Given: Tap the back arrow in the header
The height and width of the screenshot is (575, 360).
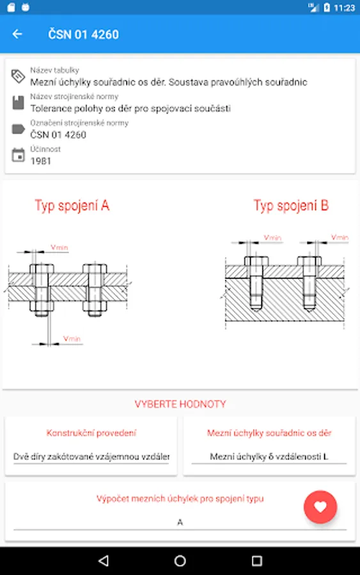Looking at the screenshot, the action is tap(17, 34).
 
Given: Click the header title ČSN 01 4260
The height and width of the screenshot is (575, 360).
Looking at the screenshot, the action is tap(83, 34).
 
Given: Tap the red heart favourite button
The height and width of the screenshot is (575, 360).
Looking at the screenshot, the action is tap(320, 507).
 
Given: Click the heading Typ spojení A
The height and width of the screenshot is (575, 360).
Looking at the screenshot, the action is tap(72, 205).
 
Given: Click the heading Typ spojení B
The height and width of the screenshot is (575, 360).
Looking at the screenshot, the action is tap(291, 205).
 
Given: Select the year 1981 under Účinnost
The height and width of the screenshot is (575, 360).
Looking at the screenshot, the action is tap(41, 161).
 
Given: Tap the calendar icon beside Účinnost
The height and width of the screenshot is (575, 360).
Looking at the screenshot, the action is tap(18, 155).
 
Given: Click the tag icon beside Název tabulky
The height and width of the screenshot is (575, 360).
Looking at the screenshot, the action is tap(18, 76).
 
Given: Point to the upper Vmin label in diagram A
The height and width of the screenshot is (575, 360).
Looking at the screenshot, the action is tap(59, 247).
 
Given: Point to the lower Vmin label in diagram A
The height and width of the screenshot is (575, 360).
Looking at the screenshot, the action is tap(72, 339).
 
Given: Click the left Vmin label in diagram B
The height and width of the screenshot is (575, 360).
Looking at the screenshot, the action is tap(272, 238).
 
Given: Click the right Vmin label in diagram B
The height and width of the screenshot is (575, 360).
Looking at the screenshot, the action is tap(340, 237).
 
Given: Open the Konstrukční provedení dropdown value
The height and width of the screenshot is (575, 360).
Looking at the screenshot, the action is tap(91, 457).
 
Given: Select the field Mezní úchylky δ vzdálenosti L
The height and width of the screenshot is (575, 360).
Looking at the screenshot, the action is tap(269, 457).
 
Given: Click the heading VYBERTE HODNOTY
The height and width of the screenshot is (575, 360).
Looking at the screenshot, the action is tap(180, 404).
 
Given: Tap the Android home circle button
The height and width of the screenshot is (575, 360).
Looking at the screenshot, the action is tap(180, 560).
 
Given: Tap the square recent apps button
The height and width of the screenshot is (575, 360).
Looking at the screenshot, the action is tap(257, 560).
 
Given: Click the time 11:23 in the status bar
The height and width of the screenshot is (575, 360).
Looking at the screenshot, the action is tap(344, 8).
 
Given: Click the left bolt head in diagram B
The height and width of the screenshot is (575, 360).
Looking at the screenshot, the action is tap(256, 261).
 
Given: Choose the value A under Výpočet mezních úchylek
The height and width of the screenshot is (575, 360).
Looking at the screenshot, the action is tap(180, 522).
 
